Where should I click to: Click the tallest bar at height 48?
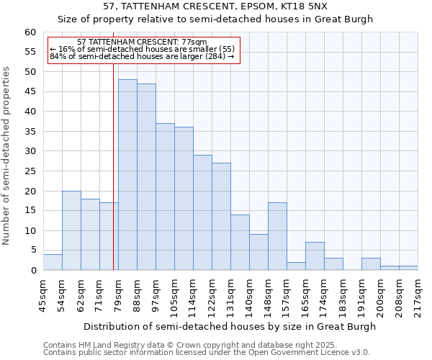click(127, 175)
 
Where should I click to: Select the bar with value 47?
click(146, 177)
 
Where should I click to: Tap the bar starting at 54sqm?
click(71, 230)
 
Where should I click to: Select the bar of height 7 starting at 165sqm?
click(315, 256)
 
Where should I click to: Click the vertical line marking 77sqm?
click(113, 166)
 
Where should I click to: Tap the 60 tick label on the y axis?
click(30, 32)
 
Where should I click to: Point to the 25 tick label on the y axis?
click(30, 171)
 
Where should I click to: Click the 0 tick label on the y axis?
click(32, 271)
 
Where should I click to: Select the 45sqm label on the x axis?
click(43, 295)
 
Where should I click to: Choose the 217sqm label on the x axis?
click(418, 295)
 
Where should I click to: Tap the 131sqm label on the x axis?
click(230, 295)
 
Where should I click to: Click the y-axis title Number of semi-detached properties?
click(7, 156)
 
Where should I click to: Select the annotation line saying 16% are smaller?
click(143, 48)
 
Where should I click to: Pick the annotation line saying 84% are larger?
click(143, 55)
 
